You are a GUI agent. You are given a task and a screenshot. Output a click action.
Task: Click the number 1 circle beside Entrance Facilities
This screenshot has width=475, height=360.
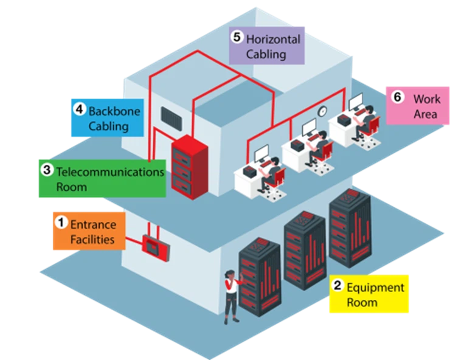(61, 223)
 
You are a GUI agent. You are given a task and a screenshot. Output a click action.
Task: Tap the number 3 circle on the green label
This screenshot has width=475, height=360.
(47, 171)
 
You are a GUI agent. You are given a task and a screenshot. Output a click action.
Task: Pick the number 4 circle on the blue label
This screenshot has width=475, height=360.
(80, 110)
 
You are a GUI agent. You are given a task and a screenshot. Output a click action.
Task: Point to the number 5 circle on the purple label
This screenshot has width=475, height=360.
(238, 37)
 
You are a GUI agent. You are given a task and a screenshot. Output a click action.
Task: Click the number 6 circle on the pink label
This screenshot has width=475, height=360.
(398, 97)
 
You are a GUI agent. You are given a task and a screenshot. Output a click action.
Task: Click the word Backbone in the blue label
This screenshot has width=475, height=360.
(114, 111)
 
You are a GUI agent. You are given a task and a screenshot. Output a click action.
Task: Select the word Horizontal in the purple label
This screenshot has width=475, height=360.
(273, 39)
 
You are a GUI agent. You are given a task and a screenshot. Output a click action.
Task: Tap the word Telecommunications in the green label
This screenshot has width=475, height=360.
(110, 171)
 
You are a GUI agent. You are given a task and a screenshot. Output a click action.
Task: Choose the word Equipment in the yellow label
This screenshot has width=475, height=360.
(375, 287)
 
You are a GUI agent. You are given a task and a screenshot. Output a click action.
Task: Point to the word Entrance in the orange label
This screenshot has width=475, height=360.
(93, 224)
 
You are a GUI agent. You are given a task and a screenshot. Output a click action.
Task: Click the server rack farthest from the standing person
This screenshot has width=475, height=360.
(350, 225)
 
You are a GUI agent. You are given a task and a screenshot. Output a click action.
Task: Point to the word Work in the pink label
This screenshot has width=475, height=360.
(426, 99)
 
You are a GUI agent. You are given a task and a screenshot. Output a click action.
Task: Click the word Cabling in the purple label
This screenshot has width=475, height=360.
(266, 54)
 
